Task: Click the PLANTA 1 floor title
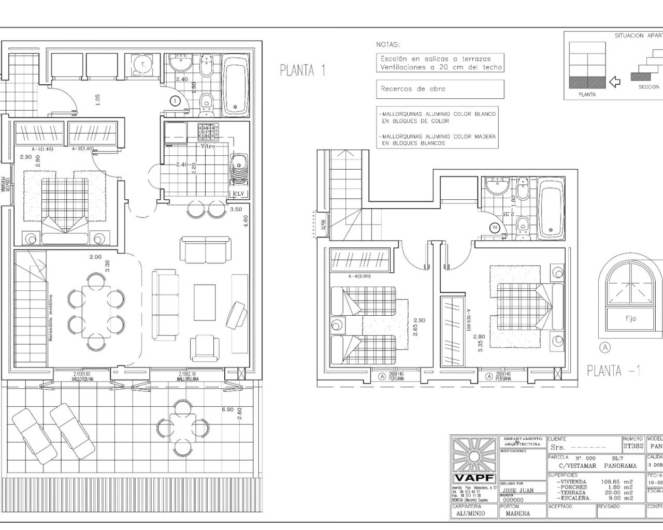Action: tap(302, 70)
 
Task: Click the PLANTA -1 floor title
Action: tap(614, 371)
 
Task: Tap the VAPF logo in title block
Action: tap(473, 478)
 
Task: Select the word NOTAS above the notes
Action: tap(388, 45)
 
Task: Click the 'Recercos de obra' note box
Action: tap(440, 89)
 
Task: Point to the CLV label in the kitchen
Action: tap(239, 194)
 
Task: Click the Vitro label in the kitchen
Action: tap(208, 146)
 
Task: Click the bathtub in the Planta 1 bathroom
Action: tap(236, 86)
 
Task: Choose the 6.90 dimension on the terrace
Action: tap(228, 409)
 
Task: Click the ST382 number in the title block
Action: tap(633, 446)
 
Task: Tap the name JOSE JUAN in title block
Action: tap(517, 490)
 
